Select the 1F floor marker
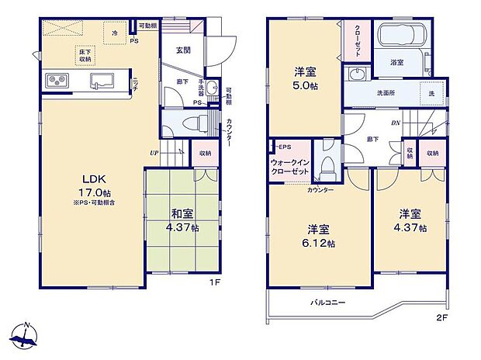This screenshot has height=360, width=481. (x=220, y=282)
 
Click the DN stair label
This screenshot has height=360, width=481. (x=394, y=123)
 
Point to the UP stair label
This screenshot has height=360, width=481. (x=155, y=154)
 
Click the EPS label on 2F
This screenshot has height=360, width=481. (x=285, y=147)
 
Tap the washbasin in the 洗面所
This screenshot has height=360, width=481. (x=356, y=74)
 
